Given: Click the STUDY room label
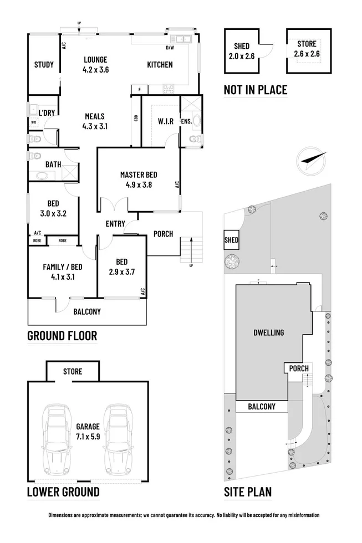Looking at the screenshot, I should tap(44, 65).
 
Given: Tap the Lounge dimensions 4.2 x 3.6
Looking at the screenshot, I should tap(95, 70).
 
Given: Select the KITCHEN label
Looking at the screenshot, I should tap(160, 65).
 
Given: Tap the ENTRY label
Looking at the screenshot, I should tap(115, 223).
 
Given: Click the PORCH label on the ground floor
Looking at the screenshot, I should tap(164, 234).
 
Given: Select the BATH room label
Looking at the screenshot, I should tap(53, 165).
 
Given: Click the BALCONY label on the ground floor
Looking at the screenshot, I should tap(87, 311).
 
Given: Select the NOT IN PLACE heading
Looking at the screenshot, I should tap(256, 89).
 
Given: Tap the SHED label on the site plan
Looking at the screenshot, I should tap(231, 240).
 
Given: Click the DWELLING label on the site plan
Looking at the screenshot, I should tap(268, 332).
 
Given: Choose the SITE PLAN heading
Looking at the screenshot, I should tap(248, 491).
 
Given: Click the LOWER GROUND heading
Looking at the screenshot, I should tap(64, 491).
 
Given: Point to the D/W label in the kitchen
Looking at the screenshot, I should tap(170, 48).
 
